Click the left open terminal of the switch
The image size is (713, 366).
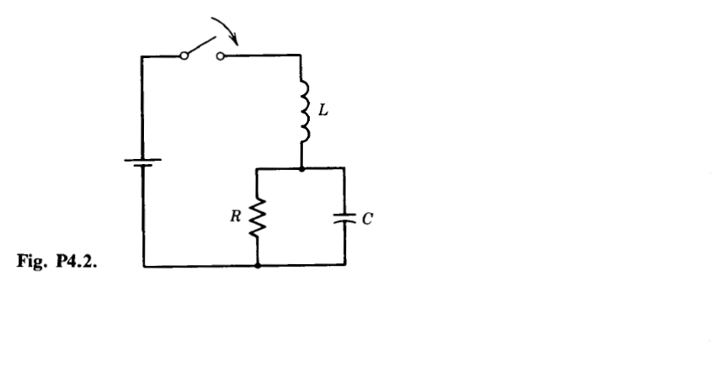click(184, 57)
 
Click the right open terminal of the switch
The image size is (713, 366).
click(221, 57)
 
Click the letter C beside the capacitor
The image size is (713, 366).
click(365, 217)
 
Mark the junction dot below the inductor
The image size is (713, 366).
click(302, 168)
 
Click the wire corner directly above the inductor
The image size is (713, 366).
click(302, 57)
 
